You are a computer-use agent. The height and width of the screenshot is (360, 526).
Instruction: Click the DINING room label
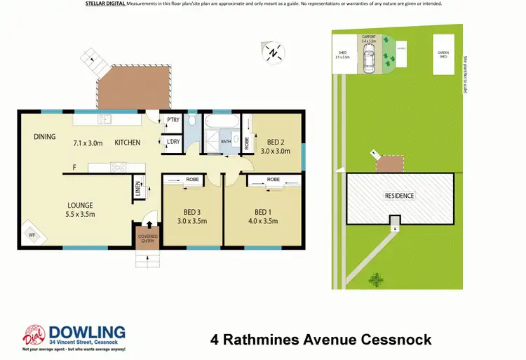tap(45, 137)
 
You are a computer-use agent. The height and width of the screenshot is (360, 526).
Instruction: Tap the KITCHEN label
tap(127, 143)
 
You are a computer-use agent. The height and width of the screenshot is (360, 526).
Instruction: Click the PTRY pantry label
tap(173, 120)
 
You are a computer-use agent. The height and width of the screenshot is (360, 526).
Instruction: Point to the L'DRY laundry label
tap(173, 142)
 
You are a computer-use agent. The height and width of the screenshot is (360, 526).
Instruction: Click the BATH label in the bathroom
tap(226, 142)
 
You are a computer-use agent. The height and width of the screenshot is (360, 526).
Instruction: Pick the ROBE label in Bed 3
tap(193, 180)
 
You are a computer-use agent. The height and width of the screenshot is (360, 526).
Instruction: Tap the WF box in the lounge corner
tap(31, 235)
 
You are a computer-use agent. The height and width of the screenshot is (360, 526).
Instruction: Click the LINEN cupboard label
tap(137, 189)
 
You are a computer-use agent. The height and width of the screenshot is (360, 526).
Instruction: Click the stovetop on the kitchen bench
tap(117, 167)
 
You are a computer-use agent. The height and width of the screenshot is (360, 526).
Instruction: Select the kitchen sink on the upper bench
tap(106, 118)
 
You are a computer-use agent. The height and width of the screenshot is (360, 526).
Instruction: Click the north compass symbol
tap(275, 51)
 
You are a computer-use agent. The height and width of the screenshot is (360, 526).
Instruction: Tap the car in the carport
tap(369, 64)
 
